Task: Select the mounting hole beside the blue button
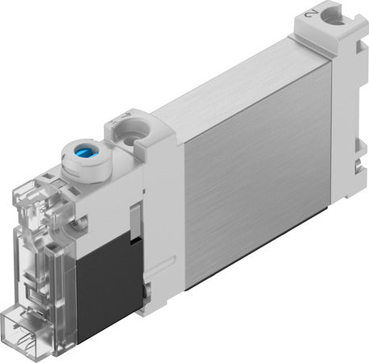click(x=126, y=130)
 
